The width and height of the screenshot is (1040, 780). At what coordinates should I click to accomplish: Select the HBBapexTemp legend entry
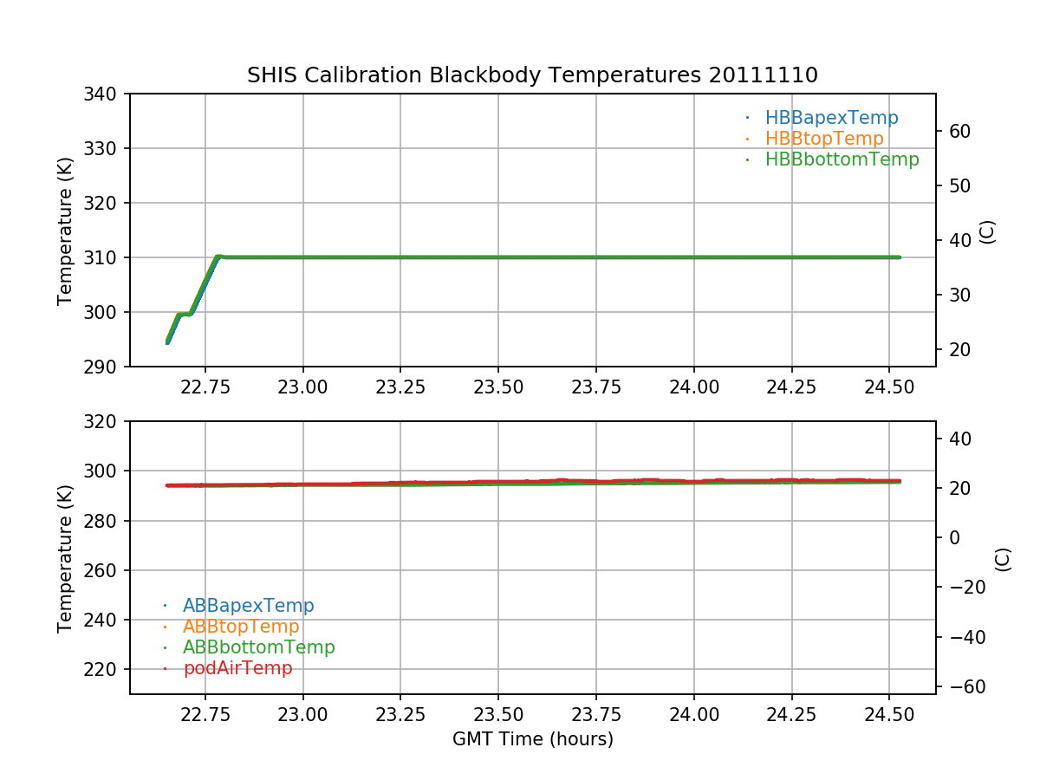coord(831,118)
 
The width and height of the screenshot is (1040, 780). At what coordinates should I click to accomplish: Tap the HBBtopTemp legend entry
coord(823,139)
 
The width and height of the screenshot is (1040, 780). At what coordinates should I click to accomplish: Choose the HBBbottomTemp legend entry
coord(842,159)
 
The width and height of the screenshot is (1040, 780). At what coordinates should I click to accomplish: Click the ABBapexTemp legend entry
coord(248,606)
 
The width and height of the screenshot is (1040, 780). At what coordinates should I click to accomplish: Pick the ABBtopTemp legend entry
coord(241,627)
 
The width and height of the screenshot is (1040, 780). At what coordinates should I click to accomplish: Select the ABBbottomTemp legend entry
coord(258,647)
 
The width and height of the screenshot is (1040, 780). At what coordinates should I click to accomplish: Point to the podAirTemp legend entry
coord(237,668)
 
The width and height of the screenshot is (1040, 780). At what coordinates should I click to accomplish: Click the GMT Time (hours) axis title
coord(532,739)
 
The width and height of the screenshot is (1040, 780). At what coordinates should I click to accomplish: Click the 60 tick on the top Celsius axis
coord(957,132)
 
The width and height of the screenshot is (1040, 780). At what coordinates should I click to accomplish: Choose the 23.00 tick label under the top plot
coord(303,387)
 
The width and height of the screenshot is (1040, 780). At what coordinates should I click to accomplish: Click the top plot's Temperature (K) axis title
coord(65,231)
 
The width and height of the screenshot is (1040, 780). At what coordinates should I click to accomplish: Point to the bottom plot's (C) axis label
coord(1003,559)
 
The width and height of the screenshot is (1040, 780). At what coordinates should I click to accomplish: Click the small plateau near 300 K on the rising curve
coord(184,314)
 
